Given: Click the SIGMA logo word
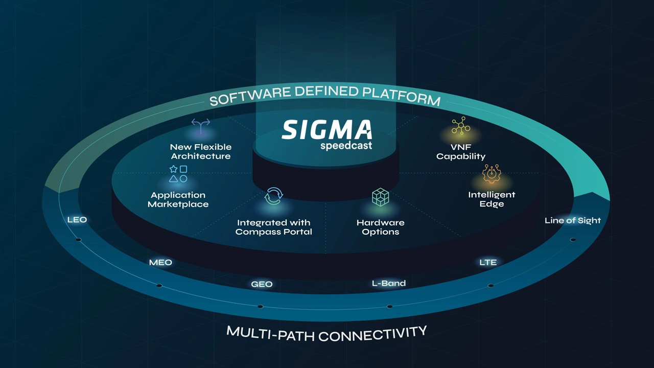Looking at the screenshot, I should (x=326, y=130).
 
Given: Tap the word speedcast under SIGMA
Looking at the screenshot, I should (x=346, y=146).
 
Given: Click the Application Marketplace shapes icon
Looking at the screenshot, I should (x=178, y=174).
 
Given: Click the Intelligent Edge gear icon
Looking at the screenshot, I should (x=492, y=174).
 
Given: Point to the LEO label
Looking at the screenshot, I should (x=77, y=220).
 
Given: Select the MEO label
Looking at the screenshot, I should (x=160, y=262).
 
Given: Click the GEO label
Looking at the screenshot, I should (x=262, y=284).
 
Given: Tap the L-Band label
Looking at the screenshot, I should (x=388, y=283).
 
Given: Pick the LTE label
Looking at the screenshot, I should (x=488, y=262).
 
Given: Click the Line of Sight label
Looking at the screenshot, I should (x=573, y=220).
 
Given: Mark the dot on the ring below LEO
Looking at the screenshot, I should (x=78, y=240).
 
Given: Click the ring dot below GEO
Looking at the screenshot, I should (x=260, y=307).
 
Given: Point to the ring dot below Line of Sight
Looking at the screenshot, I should (x=573, y=239).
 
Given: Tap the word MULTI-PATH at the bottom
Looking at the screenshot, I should (x=271, y=333).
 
